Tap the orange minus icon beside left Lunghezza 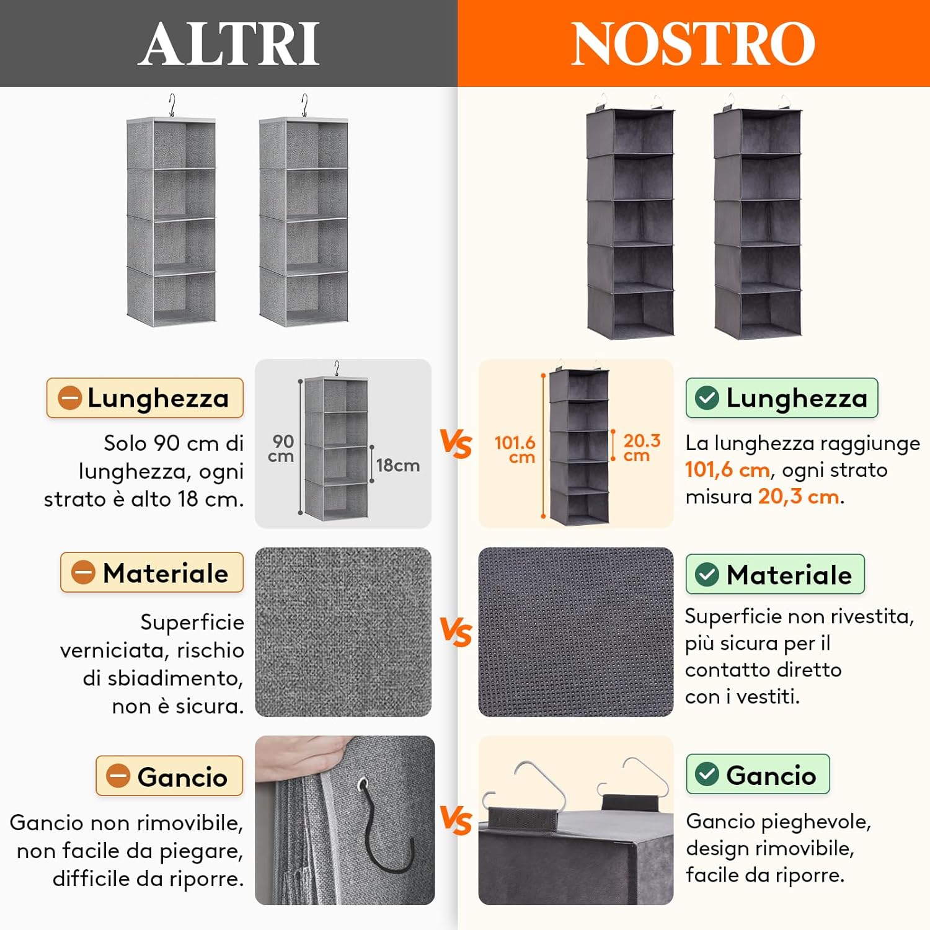70,397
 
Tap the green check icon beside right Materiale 707,575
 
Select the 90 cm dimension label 281,448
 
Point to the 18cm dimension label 397,465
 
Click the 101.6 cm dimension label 515,449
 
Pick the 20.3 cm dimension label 641,447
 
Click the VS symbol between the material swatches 456,632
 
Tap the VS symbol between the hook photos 456,820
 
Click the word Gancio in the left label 182,777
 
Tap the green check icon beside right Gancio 707,774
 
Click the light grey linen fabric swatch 343,632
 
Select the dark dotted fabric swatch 575,632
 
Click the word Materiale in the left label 166,573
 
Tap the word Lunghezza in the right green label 797,397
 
